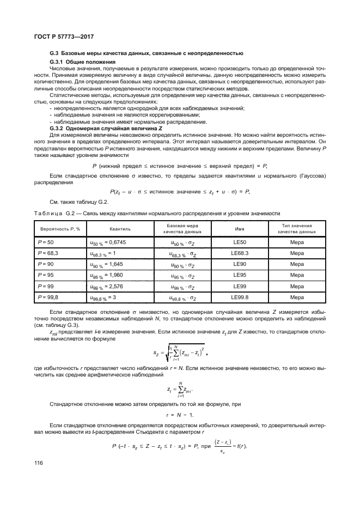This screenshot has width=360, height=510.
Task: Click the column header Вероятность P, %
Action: tap(59, 229)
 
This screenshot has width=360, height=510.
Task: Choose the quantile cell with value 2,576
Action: tap(108, 286)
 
